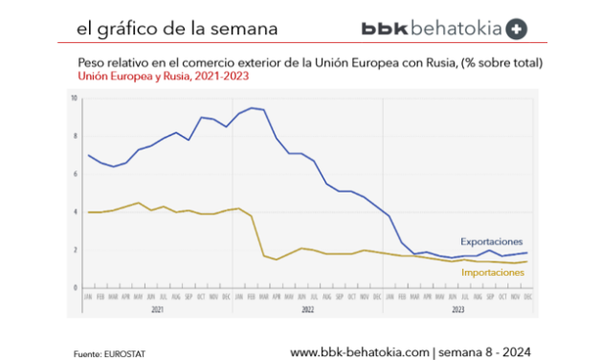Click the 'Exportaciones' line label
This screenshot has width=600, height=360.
coord(492,241)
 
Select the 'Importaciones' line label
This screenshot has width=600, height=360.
coord(493,273)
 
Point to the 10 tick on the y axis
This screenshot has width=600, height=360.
coord(74,98)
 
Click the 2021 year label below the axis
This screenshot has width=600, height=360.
coord(156,309)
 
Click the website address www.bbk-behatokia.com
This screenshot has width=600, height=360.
coord(360,350)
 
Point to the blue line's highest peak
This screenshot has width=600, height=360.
coord(251,108)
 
